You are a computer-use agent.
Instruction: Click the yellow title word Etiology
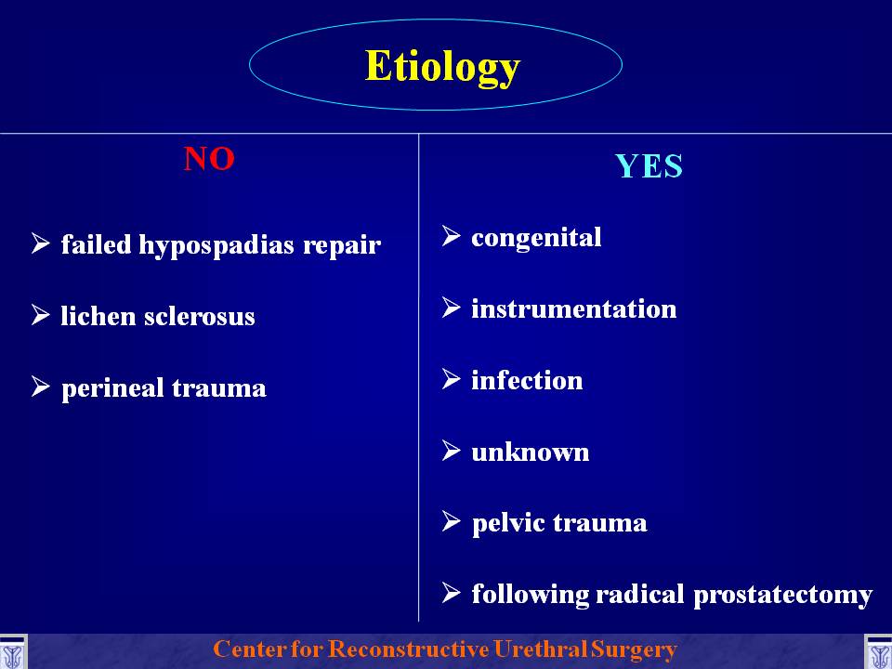442,68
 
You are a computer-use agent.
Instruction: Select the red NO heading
209,159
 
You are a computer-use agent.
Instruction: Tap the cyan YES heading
649,166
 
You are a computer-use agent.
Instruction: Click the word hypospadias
216,245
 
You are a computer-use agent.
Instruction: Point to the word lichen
98,316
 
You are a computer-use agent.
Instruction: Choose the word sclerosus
199,316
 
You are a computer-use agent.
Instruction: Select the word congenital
536,238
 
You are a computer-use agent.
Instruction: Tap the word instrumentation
574,308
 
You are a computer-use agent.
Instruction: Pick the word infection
527,380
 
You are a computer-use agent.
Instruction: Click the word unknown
531,453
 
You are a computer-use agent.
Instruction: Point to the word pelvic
508,524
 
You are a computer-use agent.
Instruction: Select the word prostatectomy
782,596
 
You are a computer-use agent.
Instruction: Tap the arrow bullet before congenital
452,235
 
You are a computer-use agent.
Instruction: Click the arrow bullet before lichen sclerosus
41,314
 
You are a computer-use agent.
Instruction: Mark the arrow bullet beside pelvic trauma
452,521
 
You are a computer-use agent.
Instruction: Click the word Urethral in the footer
540,649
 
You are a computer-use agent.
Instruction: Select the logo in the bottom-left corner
12,652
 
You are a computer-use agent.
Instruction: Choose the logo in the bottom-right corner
878,652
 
